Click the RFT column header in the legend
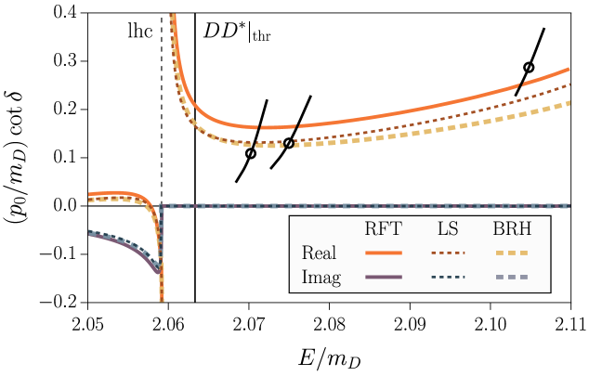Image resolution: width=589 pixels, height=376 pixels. (383, 229)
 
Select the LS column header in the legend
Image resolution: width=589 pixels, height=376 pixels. (448, 229)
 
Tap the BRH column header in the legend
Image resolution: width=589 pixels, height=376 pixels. (511, 229)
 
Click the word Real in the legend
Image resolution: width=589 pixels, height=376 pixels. (319, 253)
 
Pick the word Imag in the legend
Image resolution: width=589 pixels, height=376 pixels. (321, 277)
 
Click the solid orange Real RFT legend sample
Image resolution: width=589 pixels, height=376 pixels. (383, 253)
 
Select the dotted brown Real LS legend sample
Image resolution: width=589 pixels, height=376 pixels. (448, 253)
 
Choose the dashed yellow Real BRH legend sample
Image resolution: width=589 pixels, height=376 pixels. (511, 253)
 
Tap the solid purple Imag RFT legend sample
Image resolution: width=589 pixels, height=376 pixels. (383, 277)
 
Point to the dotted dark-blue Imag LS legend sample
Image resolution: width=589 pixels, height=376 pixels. (448, 277)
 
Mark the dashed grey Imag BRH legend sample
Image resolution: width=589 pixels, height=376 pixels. (511, 277)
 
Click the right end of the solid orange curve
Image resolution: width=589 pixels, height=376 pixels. (569, 69)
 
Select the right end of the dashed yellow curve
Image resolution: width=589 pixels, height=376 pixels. (569, 103)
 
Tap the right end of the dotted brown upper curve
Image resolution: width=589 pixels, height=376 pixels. (569, 84)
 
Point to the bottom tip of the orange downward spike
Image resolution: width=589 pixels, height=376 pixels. (162, 300)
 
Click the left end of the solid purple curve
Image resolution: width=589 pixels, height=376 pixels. (89, 233)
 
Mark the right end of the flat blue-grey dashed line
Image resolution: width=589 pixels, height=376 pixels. (569, 205)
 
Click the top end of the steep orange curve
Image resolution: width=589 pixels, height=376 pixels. (173, 15)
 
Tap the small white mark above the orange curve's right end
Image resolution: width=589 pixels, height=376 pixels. (529, 68)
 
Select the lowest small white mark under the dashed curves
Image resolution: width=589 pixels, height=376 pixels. (250, 154)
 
